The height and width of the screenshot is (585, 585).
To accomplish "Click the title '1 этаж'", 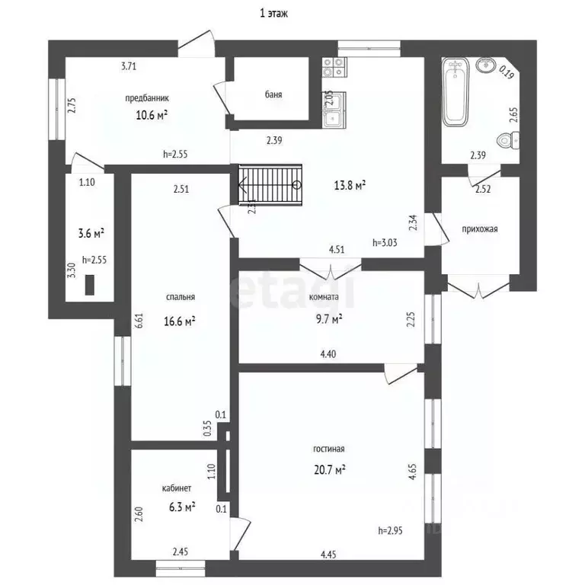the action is point(273,14).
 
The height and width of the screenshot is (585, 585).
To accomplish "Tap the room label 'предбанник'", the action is point(146,98).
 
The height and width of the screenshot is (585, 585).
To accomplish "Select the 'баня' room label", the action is point(273,94).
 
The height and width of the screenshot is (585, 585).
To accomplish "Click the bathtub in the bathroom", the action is point(456,91).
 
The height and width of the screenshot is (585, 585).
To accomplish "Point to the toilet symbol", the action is point(508,140).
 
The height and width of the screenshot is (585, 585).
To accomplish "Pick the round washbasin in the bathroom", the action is point(486,66).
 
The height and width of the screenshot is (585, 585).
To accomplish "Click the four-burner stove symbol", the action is point(334,67).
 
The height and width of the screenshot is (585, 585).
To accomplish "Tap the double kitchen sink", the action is point(334,109).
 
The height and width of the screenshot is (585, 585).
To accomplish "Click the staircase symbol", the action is point(270,184).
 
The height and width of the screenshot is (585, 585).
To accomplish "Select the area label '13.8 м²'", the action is point(350,185).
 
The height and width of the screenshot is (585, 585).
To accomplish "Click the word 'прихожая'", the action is point(480,229).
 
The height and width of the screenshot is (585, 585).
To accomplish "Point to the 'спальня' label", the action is point(181,297).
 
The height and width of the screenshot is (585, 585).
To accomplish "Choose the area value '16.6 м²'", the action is point(180,321).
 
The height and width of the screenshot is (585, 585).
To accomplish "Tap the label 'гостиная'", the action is point(329,449).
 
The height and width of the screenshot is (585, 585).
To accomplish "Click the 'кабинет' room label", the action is point(177,488).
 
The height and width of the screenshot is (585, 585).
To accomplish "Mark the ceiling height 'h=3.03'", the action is point(385,242).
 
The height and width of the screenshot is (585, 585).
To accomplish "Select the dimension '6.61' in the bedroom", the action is point(139,320).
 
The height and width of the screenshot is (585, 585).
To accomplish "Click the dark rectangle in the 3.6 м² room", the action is point(90,285).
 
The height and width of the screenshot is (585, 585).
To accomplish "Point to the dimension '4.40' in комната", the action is point(328,353).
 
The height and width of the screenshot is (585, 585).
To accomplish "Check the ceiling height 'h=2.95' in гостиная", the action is point(390,530).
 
